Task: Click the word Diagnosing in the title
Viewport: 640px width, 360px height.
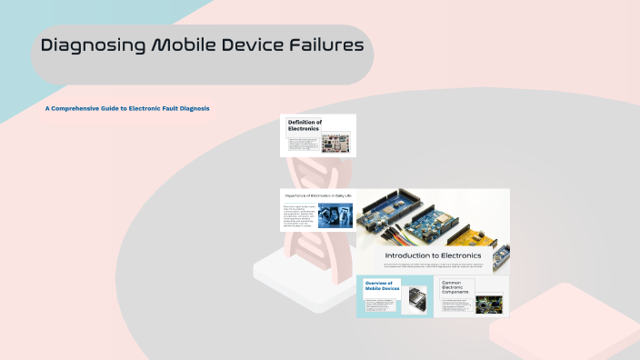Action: click(91, 45)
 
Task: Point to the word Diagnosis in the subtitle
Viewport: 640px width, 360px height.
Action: click(194, 108)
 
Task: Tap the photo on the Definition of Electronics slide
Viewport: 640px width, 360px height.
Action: click(337, 144)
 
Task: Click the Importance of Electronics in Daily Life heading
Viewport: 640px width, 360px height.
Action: click(318, 196)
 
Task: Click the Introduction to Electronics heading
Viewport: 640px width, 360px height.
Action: click(433, 255)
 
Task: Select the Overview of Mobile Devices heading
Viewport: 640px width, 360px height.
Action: click(379, 285)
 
